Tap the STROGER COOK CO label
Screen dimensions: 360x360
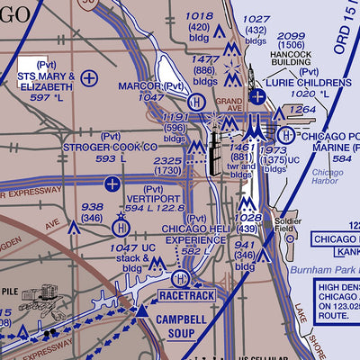(x=111, y=146)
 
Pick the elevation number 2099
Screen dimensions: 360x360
(x=293, y=36)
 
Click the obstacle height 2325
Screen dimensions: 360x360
(x=168, y=160)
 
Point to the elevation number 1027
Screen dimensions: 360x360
(x=257, y=19)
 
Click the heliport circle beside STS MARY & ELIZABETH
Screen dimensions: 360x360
(x=88, y=78)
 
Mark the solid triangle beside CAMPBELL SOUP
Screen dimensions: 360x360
(x=140, y=310)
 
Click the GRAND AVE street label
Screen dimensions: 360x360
(x=229, y=101)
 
